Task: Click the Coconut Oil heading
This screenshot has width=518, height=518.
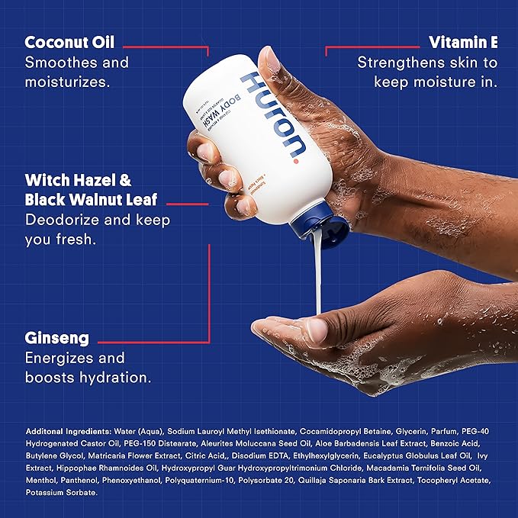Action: pyautogui.click(x=76, y=42)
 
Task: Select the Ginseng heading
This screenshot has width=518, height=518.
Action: pyautogui.click(x=57, y=337)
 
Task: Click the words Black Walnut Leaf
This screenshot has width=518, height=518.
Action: pyautogui.click(x=91, y=201)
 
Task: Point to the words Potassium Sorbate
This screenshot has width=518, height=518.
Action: pyautogui.click(x=61, y=494)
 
